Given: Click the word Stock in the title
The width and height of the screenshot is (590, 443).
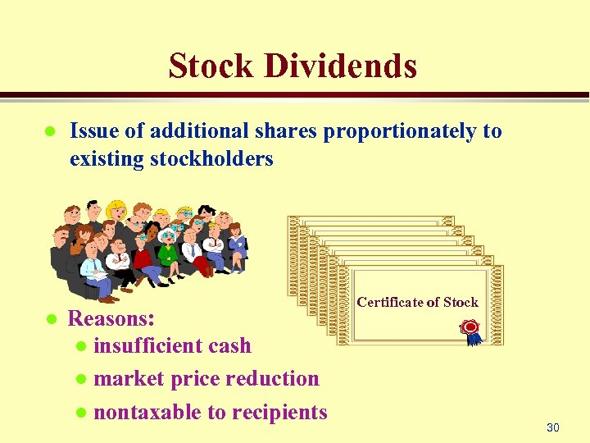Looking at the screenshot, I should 211,66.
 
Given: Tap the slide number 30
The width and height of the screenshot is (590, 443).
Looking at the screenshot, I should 552,427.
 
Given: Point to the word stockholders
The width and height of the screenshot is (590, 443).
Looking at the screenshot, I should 212,158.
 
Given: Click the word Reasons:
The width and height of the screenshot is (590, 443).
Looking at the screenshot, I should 111,317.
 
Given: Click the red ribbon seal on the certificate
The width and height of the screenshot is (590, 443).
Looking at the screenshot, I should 470,329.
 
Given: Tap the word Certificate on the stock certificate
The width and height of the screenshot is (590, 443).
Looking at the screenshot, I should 390,302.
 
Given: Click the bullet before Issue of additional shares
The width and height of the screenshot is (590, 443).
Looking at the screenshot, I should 49,131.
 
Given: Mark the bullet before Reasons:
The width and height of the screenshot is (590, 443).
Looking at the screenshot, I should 49,318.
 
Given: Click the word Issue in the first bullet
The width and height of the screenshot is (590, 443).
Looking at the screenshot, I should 89,131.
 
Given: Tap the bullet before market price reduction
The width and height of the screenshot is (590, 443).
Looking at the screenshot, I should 80,380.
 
